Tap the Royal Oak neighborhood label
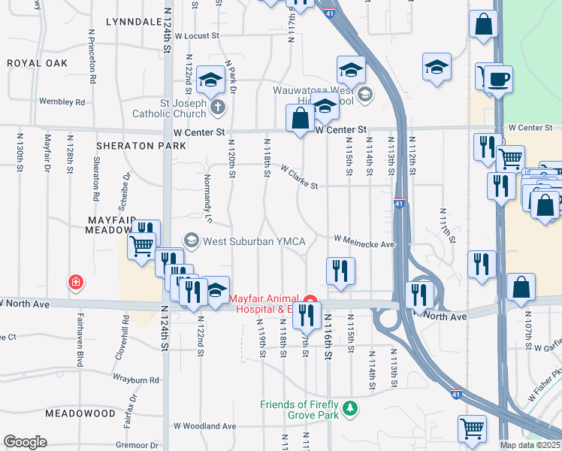(x=38, y=64)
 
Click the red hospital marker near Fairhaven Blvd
(x=76, y=283)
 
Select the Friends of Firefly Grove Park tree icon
(x=349, y=409)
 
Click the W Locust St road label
(x=196, y=35)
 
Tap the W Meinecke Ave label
(x=364, y=241)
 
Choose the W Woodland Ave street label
(x=205, y=425)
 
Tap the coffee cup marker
(x=497, y=78)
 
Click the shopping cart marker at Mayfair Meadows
(x=142, y=245)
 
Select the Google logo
(x=25, y=442)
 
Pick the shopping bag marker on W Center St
(x=300, y=118)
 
